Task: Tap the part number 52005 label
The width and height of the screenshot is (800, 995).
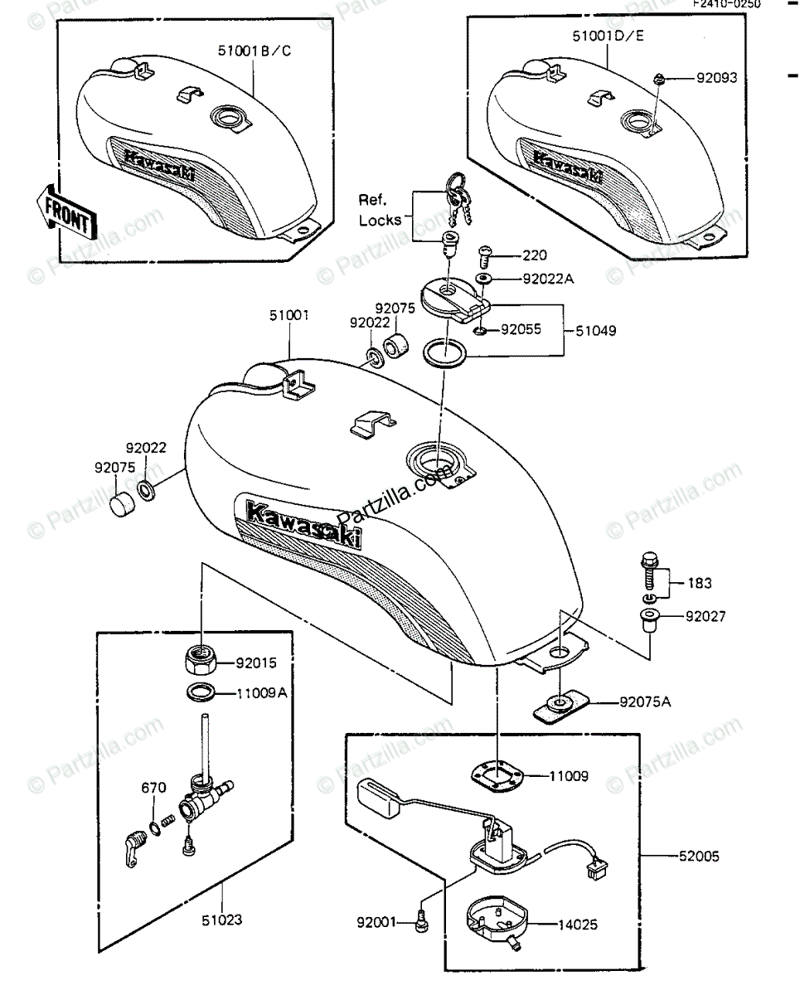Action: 698,854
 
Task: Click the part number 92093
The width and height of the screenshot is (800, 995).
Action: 717,79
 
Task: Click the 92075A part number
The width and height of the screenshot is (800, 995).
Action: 644,702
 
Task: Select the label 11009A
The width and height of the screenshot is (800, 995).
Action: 262,692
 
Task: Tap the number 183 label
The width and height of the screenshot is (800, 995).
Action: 699,583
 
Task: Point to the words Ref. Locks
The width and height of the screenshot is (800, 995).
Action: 381,210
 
